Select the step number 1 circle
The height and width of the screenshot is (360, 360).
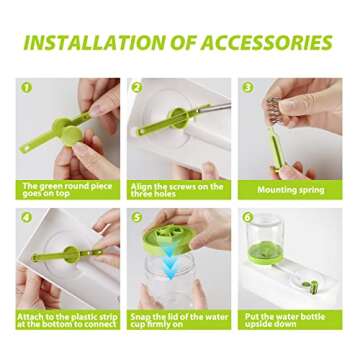(26, 88)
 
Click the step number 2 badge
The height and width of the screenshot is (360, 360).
(137, 88)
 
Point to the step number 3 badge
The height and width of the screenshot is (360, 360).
(247, 88)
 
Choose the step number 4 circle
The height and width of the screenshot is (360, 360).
(26, 215)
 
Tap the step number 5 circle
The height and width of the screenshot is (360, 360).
(137, 215)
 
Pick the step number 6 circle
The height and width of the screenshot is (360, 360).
(247, 215)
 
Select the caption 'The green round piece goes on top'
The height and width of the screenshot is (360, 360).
(68, 189)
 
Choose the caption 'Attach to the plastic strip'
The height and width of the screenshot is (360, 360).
(68, 319)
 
